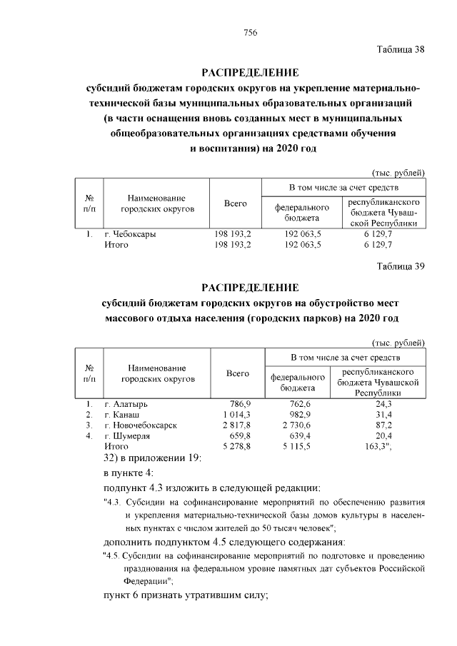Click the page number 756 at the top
point(250,34)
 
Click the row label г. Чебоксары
point(130,233)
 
